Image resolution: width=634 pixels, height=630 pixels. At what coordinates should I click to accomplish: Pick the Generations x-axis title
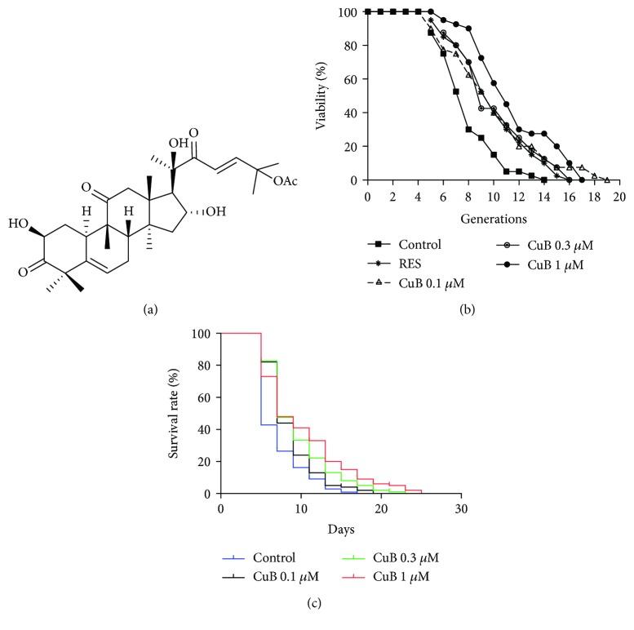tap(493, 218)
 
